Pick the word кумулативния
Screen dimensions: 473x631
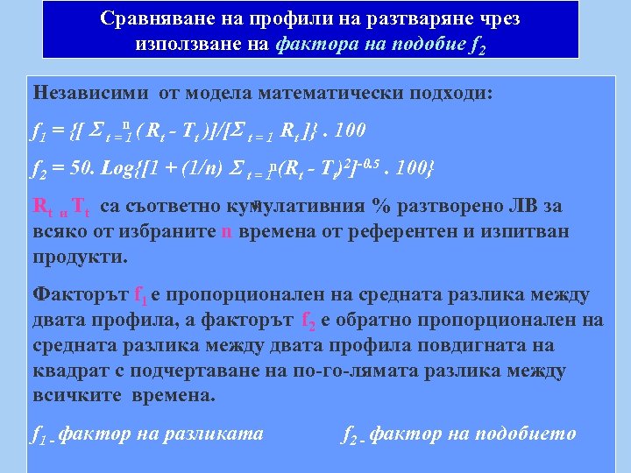[x=291, y=207]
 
